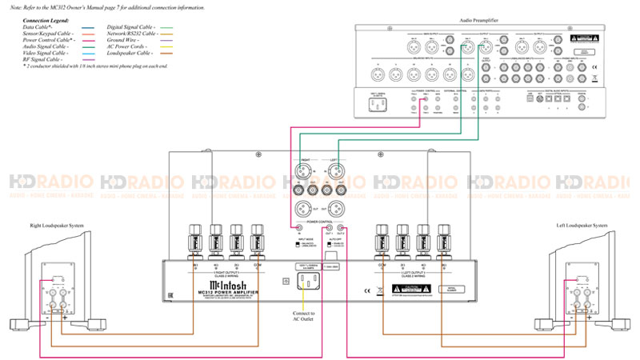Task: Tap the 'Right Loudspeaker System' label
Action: coord(58,225)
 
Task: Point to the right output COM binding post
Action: coord(256,238)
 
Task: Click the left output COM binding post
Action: coord(382,238)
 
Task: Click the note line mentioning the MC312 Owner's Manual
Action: coord(104,6)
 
